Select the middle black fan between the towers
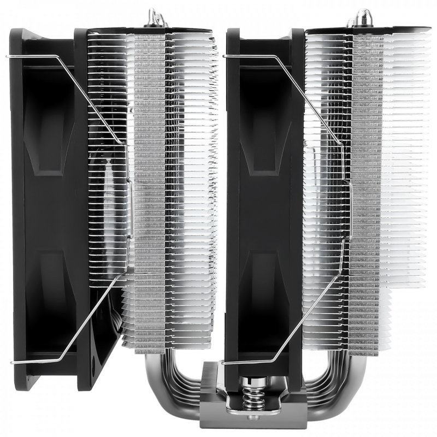click(x=262, y=208)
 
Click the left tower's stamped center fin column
click(x=149, y=191)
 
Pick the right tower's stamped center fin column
click(x=365, y=191)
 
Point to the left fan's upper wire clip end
click(x=9, y=56)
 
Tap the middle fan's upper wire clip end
click(x=225, y=56)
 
